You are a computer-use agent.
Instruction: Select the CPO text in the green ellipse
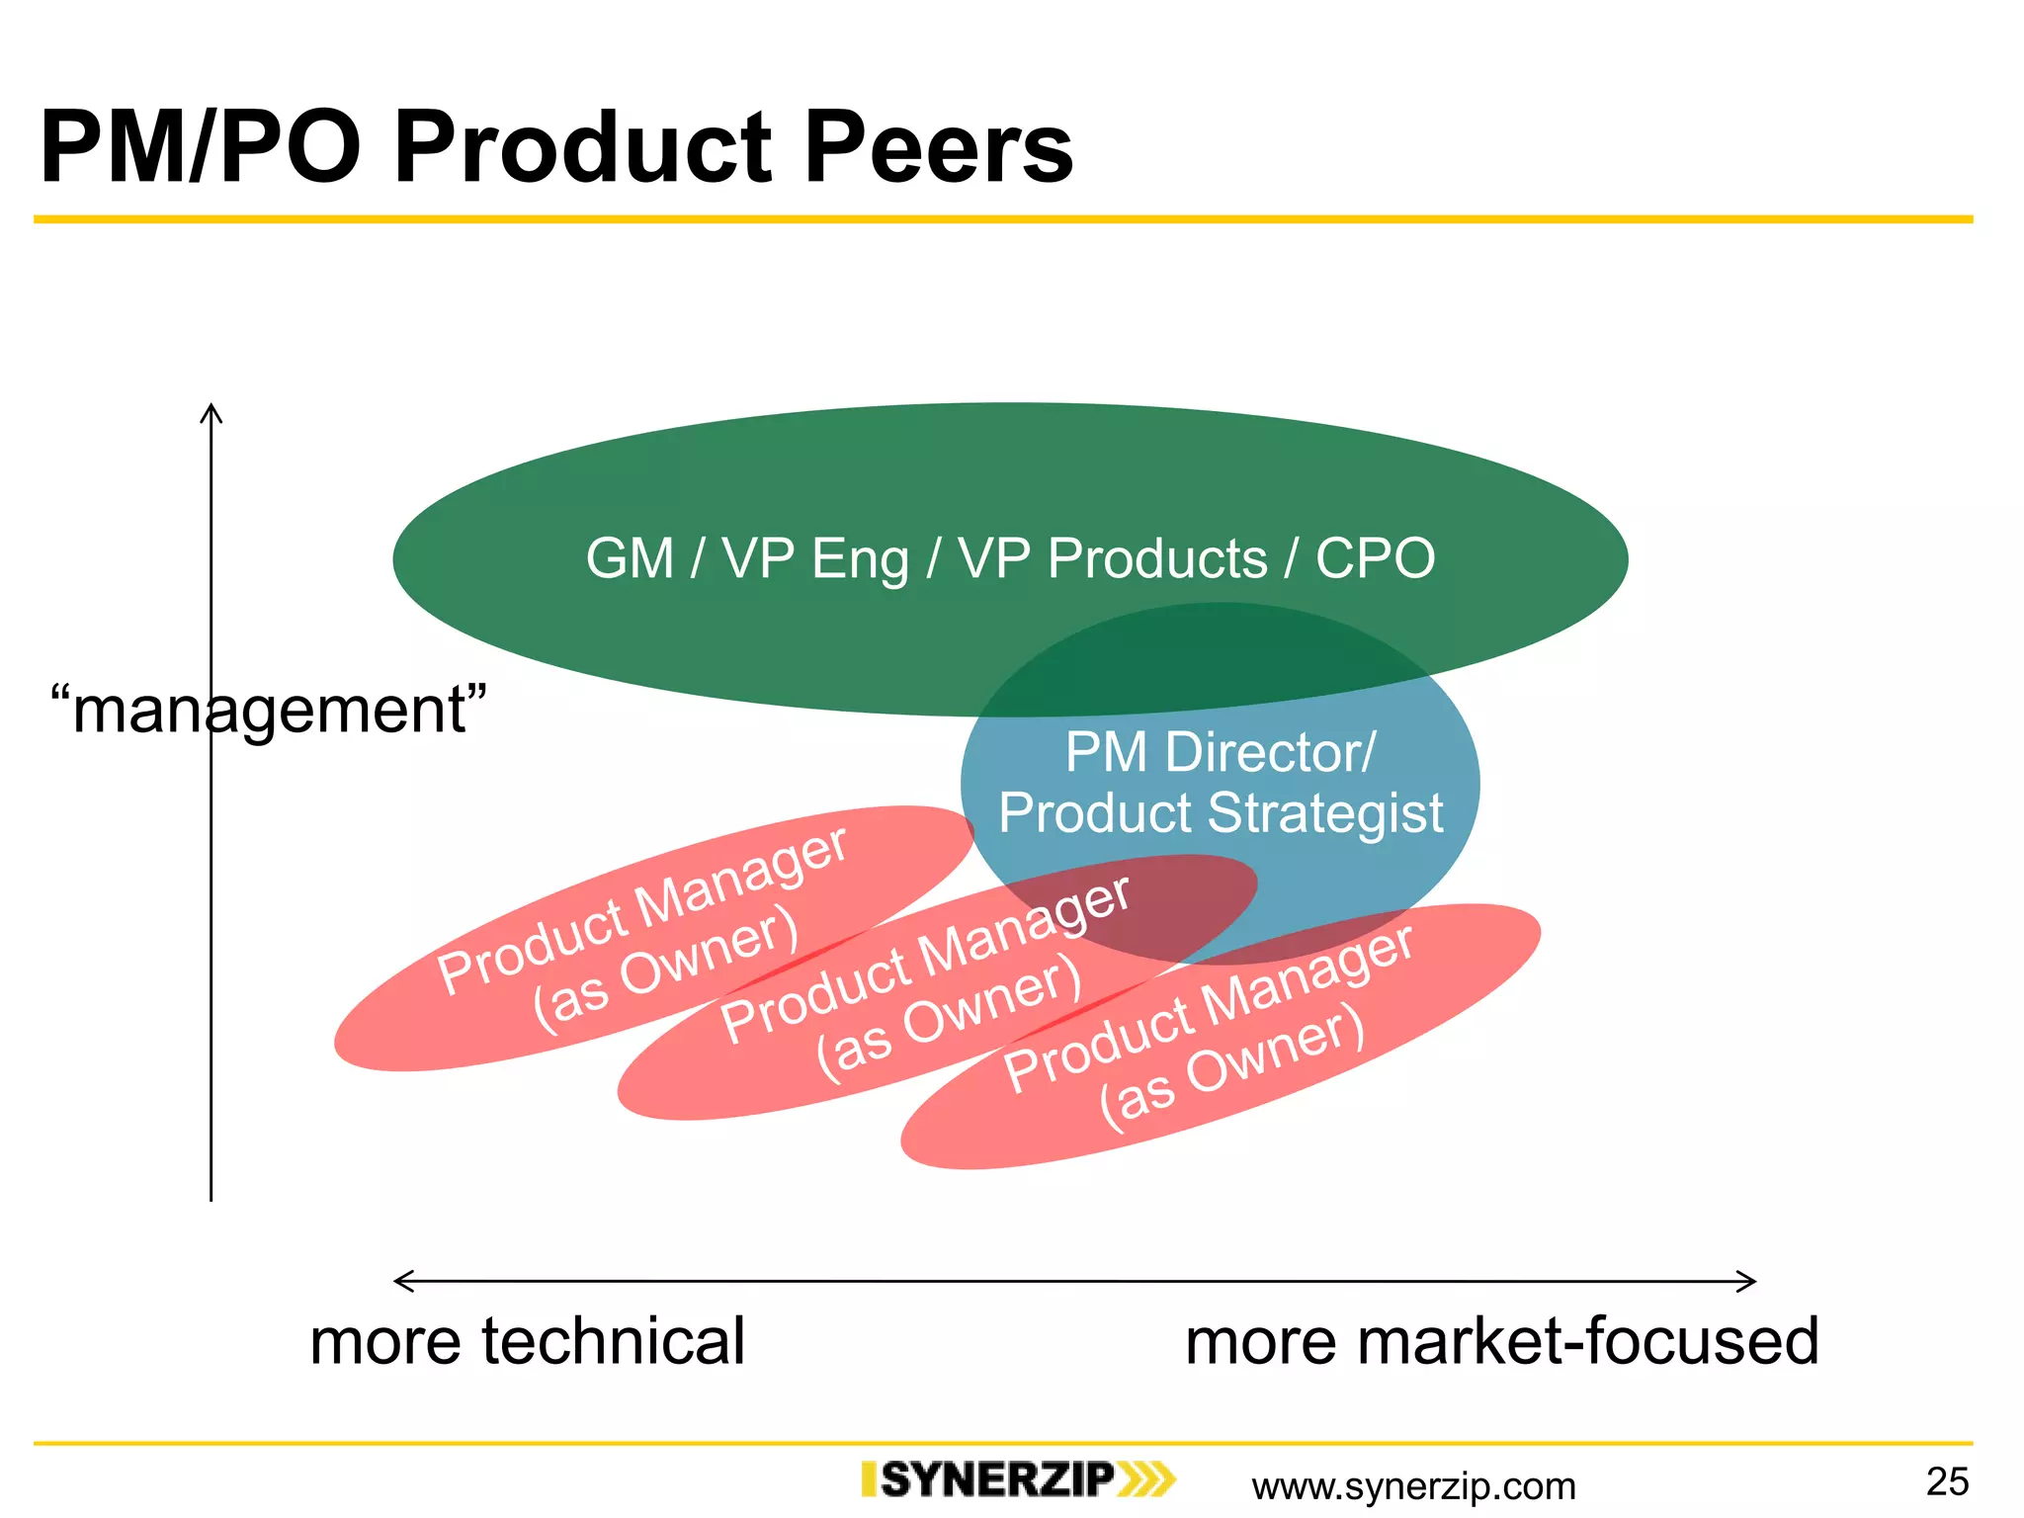click(x=1375, y=558)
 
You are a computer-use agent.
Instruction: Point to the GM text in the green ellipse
click(x=630, y=558)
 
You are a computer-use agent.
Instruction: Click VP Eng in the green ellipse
click(x=815, y=558)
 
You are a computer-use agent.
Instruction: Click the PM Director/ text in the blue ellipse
click(x=1220, y=753)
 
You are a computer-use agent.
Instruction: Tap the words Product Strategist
click(x=1221, y=813)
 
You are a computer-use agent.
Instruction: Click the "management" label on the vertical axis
click(x=269, y=710)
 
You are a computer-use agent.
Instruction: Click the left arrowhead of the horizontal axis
click(x=399, y=1282)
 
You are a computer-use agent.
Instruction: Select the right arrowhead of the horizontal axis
click(x=1750, y=1282)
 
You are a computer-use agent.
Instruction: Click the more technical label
click(x=527, y=1341)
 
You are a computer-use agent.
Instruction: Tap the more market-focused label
click(x=1501, y=1341)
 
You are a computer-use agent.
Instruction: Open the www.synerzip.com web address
click(x=1413, y=1485)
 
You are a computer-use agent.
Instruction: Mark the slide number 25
click(x=1947, y=1481)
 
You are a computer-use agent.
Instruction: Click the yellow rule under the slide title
click(x=1003, y=219)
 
